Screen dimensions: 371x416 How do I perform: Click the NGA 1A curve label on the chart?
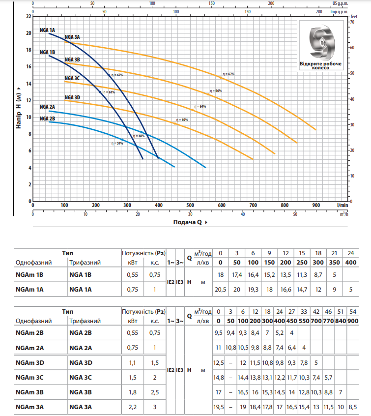pyautogui.click(x=47, y=30)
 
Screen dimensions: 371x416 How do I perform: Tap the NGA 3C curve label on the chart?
pyautogui.click(x=72, y=78)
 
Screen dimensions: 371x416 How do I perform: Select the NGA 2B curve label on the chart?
pyautogui.click(x=47, y=119)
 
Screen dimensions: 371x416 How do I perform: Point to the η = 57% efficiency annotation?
pyautogui.click(x=117, y=143)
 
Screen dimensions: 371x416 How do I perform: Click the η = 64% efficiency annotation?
pyautogui.click(x=200, y=106)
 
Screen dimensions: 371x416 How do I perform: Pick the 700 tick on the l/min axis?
pyautogui.click(x=253, y=205)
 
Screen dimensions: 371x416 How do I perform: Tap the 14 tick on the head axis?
pyautogui.click(x=29, y=84)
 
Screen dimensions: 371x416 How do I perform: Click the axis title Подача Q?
pyautogui.click(x=188, y=222)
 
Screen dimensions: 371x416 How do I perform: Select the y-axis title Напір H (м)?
pyautogui.click(x=19, y=109)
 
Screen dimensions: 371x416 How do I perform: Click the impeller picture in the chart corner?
pyautogui.click(x=322, y=42)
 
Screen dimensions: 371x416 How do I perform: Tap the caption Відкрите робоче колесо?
pyautogui.click(x=320, y=65)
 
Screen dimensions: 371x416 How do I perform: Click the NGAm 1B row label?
pyautogui.click(x=29, y=275)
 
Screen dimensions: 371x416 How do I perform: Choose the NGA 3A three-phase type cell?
pyautogui.click(x=81, y=407)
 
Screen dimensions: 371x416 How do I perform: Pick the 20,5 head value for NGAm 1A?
pyautogui.click(x=220, y=290)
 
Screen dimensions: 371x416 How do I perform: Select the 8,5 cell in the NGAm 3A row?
pyautogui.click(x=353, y=407)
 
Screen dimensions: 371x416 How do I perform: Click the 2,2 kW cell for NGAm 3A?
pyautogui.click(x=132, y=407)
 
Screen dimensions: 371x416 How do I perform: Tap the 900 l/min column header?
pyautogui.click(x=353, y=321)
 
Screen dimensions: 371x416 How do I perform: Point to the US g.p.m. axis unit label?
pyautogui.click(x=340, y=3)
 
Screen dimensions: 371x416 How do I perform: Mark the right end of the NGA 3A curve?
pyautogui.click(x=316, y=130)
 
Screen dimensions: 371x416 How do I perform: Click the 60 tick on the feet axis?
pyautogui.click(x=352, y=48)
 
